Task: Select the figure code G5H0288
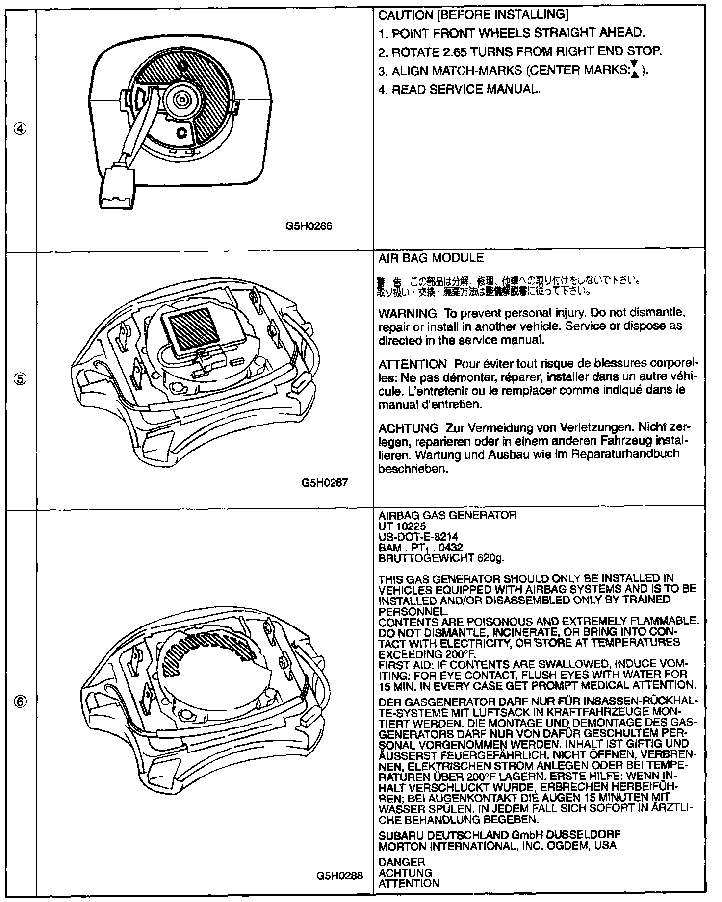(x=339, y=876)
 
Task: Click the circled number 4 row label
(x=20, y=129)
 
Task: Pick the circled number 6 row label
(x=20, y=702)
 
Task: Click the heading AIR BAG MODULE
(x=431, y=258)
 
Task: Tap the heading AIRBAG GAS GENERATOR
(x=447, y=515)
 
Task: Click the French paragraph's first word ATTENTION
(x=412, y=365)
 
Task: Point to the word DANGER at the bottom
(x=402, y=862)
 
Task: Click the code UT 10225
(x=399, y=526)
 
